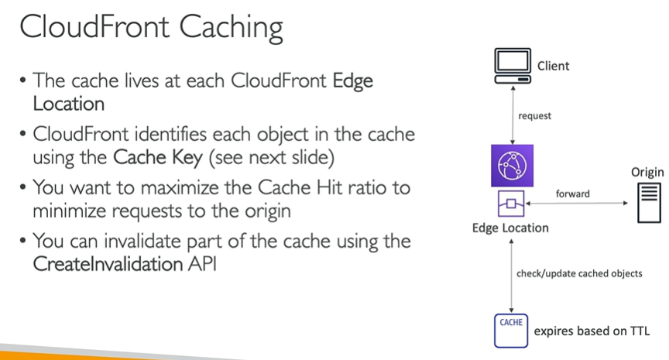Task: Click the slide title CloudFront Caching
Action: pos(151,29)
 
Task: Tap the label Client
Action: pos(553,66)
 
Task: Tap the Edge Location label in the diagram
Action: pos(510,228)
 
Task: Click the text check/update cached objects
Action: pos(578,273)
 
